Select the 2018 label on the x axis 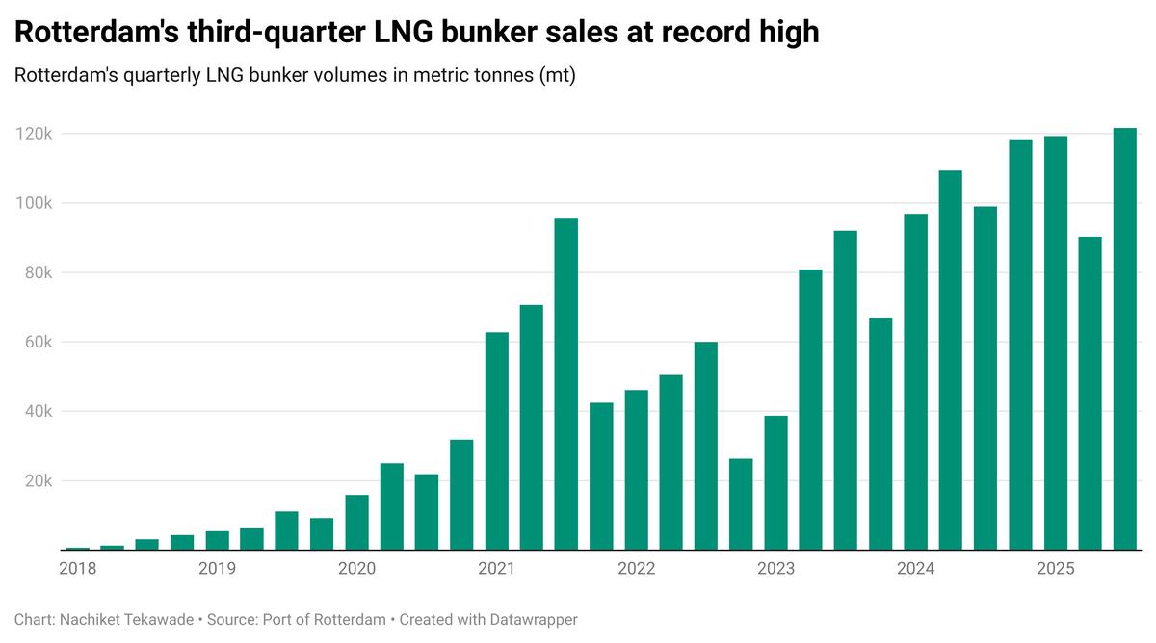(x=77, y=569)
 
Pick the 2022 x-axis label (x=636, y=569)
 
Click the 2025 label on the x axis (x=1055, y=569)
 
